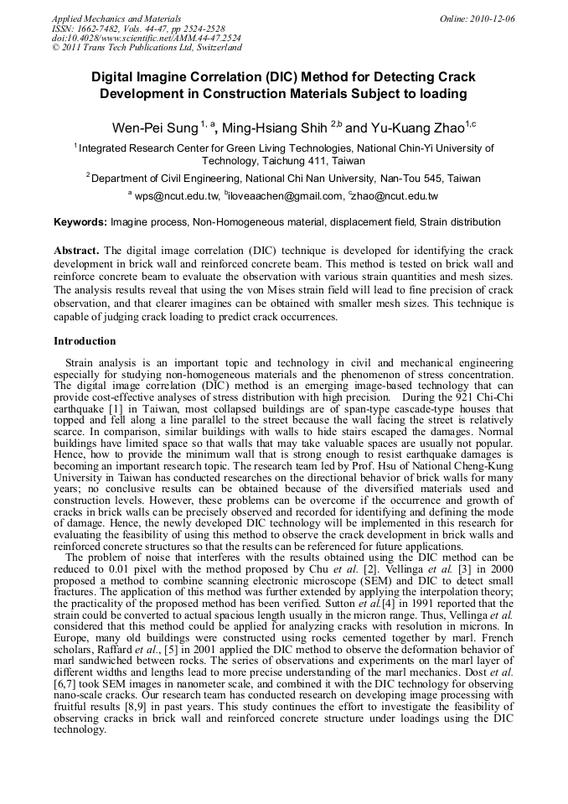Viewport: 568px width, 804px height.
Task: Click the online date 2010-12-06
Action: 493,18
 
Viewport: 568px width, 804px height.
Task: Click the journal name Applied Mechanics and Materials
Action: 116,18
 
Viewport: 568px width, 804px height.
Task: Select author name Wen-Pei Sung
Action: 155,127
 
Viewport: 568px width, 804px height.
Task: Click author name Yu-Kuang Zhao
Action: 416,127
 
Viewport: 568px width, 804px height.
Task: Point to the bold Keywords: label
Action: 80,223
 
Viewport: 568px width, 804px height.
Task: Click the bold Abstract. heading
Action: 76,251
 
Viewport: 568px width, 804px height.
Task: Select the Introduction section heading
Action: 85,341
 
